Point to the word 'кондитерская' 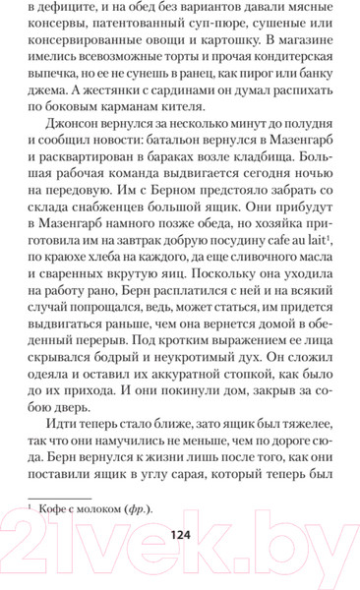click(273, 81)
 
